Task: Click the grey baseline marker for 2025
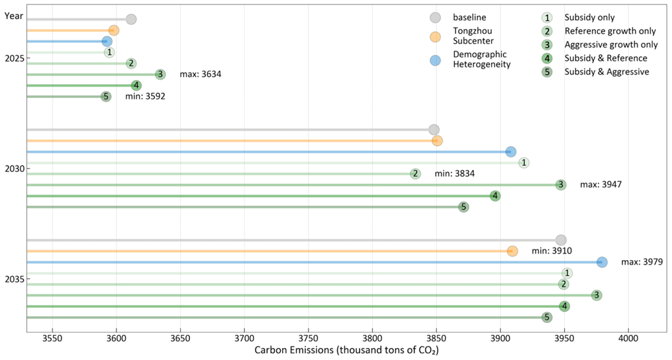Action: click(131, 19)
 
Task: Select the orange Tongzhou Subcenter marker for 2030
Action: click(437, 141)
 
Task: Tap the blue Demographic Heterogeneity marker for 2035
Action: click(602, 262)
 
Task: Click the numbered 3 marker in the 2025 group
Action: click(160, 74)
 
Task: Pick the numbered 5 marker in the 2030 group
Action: click(463, 207)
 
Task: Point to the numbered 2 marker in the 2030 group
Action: click(415, 174)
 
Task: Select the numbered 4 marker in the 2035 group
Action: click(564, 306)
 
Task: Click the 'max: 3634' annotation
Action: click(200, 74)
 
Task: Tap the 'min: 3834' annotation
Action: click(455, 174)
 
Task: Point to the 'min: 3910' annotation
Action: click(552, 251)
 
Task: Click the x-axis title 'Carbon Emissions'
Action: click(346, 349)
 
